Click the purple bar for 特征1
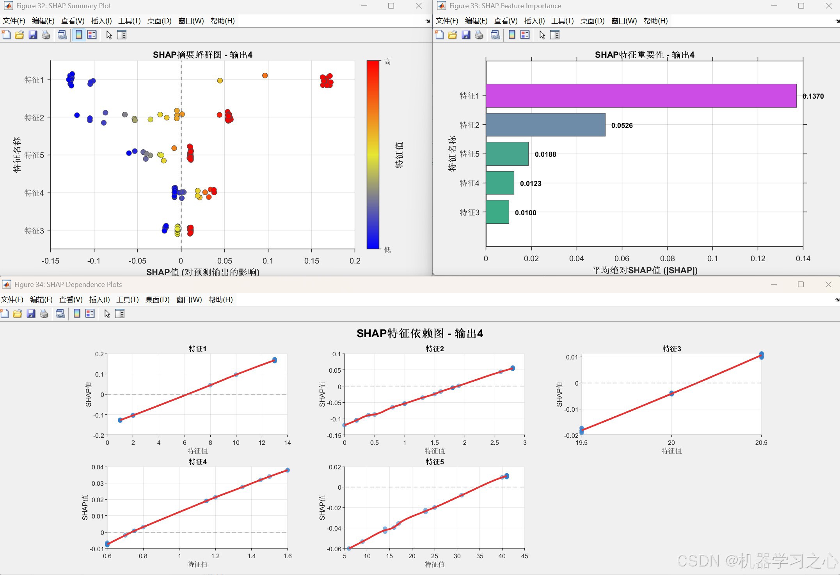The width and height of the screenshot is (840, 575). (x=641, y=96)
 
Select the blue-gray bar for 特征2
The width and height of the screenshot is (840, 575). (x=545, y=125)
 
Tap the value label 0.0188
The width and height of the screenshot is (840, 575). (x=545, y=154)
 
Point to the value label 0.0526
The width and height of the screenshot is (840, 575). (x=622, y=126)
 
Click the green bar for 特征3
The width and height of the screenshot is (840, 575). (x=497, y=212)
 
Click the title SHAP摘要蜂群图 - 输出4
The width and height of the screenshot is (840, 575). (x=202, y=55)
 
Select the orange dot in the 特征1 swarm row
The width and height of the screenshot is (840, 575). (x=265, y=76)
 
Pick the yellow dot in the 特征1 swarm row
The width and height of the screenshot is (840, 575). (x=220, y=81)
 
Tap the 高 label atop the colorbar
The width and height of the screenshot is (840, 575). (x=387, y=62)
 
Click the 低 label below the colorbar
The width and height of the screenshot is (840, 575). (x=387, y=249)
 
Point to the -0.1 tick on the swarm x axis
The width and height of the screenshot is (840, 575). (x=94, y=261)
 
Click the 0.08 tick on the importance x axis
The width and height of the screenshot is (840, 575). (x=667, y=258)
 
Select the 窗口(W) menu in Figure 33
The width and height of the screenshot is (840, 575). (x=624, y=21)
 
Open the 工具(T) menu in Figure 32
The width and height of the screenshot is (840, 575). (x=129, y=21)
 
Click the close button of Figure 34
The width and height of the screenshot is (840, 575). (x=828, y=285)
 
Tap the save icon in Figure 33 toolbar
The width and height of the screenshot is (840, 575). (x=466, y=35)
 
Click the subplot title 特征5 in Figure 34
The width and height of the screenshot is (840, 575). (x=435, y=462)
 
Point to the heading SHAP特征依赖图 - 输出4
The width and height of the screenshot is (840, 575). (x=420, y=333)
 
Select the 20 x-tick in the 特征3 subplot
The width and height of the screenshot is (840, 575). (x=671, y=442)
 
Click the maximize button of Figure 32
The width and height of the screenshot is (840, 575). (x=391, y=6)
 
